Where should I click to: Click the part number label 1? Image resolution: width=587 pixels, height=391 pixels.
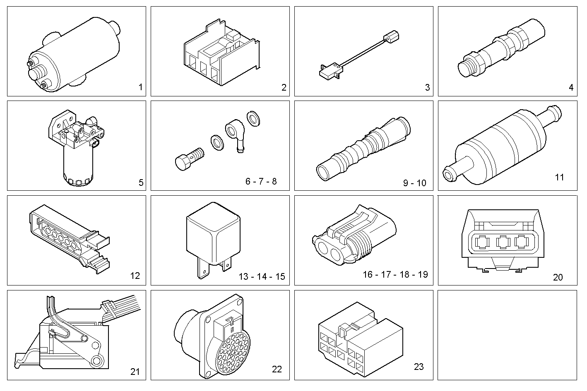coord(140,87)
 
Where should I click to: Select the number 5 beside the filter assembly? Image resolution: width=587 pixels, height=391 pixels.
coord(141,182)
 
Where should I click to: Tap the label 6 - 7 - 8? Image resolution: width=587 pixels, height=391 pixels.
coord(261,181)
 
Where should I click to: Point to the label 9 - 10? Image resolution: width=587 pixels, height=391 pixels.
coord(414,183)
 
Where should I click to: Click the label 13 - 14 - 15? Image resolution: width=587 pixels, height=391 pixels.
coord(262,276)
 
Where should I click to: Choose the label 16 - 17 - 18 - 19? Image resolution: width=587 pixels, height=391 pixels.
coord(395,274)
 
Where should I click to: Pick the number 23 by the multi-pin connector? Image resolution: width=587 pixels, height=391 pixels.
coord(419,367)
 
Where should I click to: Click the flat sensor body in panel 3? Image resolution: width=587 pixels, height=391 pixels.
coord(330,70)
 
